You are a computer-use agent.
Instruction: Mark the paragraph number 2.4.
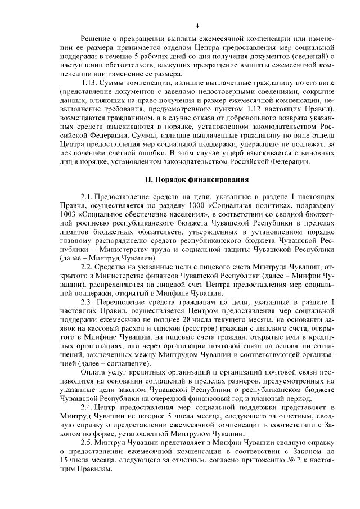pyautogui.click(x=87, y=407)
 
